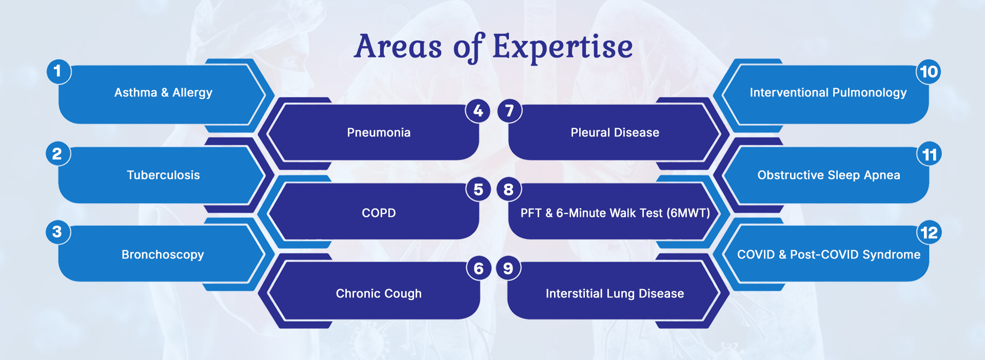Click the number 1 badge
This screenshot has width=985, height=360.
coord(58,71)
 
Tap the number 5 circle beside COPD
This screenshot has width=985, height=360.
coord(478,189)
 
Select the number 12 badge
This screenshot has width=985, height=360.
coord(929,233)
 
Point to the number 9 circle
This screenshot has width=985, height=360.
coord(508,268)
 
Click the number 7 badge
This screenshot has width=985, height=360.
coord(509,110)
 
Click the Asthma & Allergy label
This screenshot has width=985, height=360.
coord(163,93)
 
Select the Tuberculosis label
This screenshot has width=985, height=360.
coord(163,175)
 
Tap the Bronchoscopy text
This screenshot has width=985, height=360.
coord(163,255)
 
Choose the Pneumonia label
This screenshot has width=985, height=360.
coord(379,132)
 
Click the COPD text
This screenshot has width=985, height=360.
coord(379,213)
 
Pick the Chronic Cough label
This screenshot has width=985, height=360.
coord(379,293)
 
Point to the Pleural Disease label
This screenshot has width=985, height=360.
coord(615,132)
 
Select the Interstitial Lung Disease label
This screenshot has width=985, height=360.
coord(615,293)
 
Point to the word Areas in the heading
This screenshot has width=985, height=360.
coord(398,47)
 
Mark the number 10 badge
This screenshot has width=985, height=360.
coord(929,71)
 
